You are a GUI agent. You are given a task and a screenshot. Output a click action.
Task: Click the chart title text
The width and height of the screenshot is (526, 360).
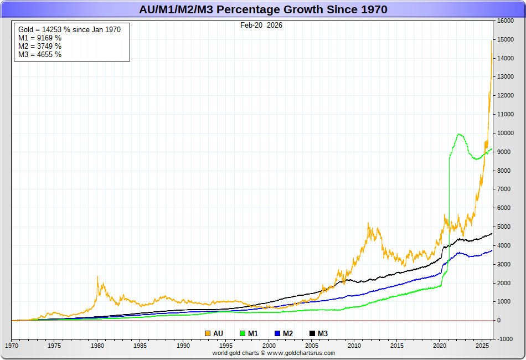pyautogui.click(x=262, y=9)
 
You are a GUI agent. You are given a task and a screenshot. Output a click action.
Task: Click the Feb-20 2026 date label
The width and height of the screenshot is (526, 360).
pyautogui.click(x=261, y=25)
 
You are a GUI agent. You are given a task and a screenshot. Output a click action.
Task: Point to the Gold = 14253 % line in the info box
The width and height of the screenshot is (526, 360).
pyautogui.click(x=70, y=29)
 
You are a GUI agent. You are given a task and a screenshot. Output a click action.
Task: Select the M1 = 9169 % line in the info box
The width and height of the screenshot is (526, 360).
pyautogui.click(x=40, y=38)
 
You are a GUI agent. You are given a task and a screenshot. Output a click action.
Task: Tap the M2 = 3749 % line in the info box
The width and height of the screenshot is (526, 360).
pyautogui.click(x=40, y=46)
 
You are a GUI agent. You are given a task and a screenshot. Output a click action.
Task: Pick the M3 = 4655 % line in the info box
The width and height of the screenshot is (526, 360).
pyautogui.click(x=40, y=54)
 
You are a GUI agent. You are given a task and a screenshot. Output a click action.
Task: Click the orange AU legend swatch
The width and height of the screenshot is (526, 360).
pyautogui.click(x=208, y=333)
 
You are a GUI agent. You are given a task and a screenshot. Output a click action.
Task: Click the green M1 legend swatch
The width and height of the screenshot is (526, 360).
pyautogui.click(x=243, y=333)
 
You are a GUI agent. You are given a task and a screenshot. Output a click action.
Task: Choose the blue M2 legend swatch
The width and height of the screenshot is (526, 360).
pyautogui.click(x=277, y=333)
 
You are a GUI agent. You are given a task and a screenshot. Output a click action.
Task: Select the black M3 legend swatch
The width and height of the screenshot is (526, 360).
pyautogui.click(x=312, y=333)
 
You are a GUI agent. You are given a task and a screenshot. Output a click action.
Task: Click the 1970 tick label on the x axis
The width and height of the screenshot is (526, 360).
pyautogui.click(x=12, y=346)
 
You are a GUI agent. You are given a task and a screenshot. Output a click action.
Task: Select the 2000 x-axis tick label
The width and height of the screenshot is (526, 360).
pyautogui.click(x=269, y=346)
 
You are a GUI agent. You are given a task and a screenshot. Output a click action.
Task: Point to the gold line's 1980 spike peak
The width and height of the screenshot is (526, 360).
pyautogui.click(x=97, y=276)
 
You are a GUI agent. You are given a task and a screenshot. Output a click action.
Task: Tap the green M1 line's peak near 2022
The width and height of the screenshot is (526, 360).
pyautogui.click(x=459, y=134)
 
